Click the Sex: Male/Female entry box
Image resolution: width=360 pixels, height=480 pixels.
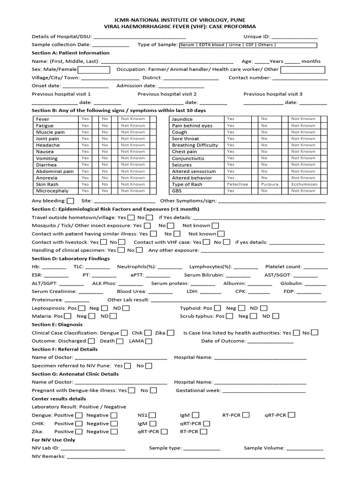point(97,69)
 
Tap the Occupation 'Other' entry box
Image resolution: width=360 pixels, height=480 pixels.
point(302,69)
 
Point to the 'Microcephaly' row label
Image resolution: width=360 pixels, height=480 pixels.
point(52,191)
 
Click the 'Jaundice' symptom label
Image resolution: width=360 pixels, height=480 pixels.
point(182,119)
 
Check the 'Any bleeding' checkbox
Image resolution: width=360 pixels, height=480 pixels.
point(71,201)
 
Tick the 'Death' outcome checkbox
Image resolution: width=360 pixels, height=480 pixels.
point(120,341)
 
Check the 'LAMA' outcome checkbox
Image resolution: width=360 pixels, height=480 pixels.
point(148,341)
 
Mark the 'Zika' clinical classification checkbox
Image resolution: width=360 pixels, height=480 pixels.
point(171,333)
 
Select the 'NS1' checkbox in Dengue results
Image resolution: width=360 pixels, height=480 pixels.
point(153,415)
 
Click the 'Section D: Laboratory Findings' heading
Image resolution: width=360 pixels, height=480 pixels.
point(71,258)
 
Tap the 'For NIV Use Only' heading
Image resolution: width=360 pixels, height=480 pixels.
point(53,440)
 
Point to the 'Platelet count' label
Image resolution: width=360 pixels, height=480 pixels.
point(283,267)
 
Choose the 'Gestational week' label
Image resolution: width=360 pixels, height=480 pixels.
point(198,390)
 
